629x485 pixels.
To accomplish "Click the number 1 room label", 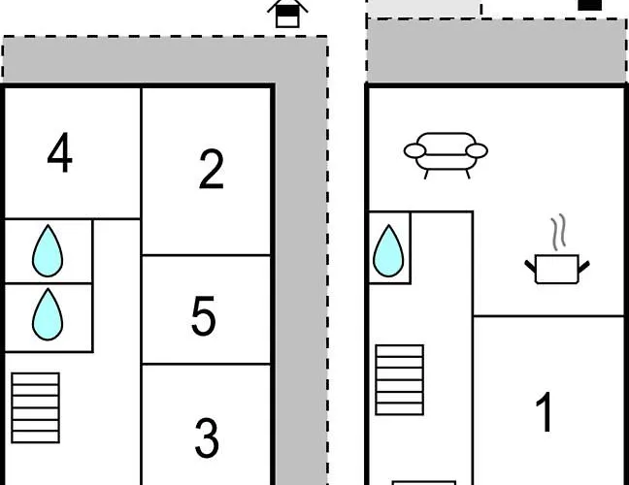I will coord(546,411).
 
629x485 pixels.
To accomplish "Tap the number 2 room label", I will coord(211,169).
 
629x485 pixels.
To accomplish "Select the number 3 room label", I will coord(207,438).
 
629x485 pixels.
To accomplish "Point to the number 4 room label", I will coord(60,153).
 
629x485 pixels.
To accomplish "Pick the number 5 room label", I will coord(203,316).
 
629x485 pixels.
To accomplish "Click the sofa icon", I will coord(446,153).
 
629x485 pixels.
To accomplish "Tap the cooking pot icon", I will coord(556,267).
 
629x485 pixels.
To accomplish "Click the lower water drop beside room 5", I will coord(48,315).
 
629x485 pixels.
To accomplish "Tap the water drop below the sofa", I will coord(388,250).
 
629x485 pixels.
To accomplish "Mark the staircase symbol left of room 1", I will coord(400,379).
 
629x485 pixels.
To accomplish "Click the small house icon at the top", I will coord(287,14).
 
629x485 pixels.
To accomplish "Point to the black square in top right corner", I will coord(590,5).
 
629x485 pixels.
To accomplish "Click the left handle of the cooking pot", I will coord(531,263).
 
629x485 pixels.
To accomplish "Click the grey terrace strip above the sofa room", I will coord(496,50).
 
